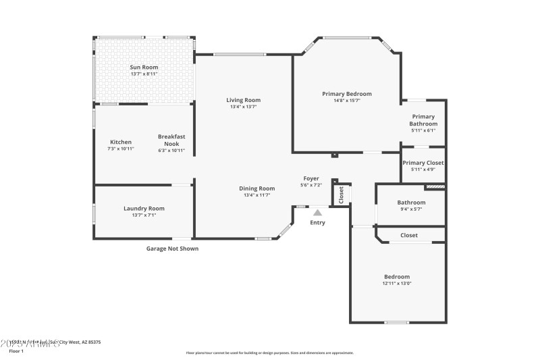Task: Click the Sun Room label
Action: point(143,67)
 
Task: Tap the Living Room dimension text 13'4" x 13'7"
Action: point(243,107)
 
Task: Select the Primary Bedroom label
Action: point(346,94)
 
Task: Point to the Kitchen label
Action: point(121,142)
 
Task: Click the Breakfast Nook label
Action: point(171,139)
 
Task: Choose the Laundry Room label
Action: point(144,209)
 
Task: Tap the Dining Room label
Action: point(256,188)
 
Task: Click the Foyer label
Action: point(310,178)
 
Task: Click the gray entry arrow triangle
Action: point(317,212)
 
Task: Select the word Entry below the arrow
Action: point(317,223)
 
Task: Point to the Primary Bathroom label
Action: point(423,120)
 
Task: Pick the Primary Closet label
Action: point(423,163)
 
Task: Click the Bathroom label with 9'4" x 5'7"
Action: point(411,203)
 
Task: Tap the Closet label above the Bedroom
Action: point(409,236)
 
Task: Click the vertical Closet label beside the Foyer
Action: point(341,195)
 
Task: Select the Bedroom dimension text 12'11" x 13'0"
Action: point(397,284)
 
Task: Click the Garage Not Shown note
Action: point(172,249)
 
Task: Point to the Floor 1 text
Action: point(16,351)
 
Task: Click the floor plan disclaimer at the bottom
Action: point(269,353)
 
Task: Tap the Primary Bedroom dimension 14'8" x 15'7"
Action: point(346,101)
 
